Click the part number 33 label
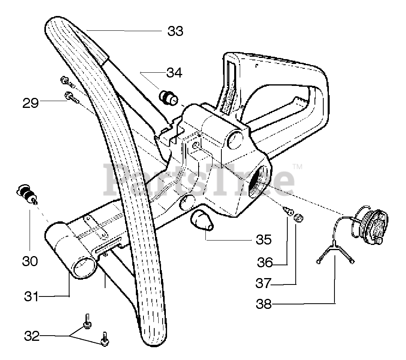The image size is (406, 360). click(x=175, y=31)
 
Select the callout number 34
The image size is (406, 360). click(x=174, y=73)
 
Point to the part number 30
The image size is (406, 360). click(x=30, y=261)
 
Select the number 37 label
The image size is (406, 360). click(x=264, y=283)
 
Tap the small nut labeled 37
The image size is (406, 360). click(x=298, y=218)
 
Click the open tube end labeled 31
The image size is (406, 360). click(x=84, y=266)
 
